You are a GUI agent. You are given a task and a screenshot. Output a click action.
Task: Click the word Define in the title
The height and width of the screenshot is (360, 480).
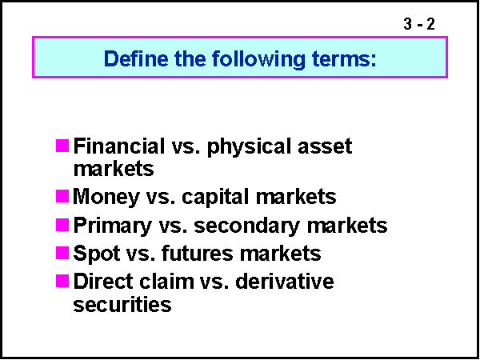click(x=132, y=59)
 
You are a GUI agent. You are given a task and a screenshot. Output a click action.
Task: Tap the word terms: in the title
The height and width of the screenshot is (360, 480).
click(x=344, y=59)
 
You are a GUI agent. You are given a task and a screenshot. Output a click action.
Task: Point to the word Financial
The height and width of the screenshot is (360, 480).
click(x=117, y=147)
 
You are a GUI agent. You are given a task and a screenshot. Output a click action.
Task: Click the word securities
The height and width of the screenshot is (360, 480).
click(x=122, y=304)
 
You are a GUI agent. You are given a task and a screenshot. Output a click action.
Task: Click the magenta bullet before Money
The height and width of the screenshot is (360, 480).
click(x=62, y=196)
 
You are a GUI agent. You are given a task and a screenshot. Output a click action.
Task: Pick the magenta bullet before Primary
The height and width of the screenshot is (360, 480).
click(x=62, y=225)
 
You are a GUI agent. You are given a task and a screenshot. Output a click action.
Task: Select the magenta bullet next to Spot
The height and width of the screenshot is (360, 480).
click(x=62, y=254)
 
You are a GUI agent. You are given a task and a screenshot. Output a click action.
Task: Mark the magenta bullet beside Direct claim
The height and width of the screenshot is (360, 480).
click(x=62, y=282)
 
